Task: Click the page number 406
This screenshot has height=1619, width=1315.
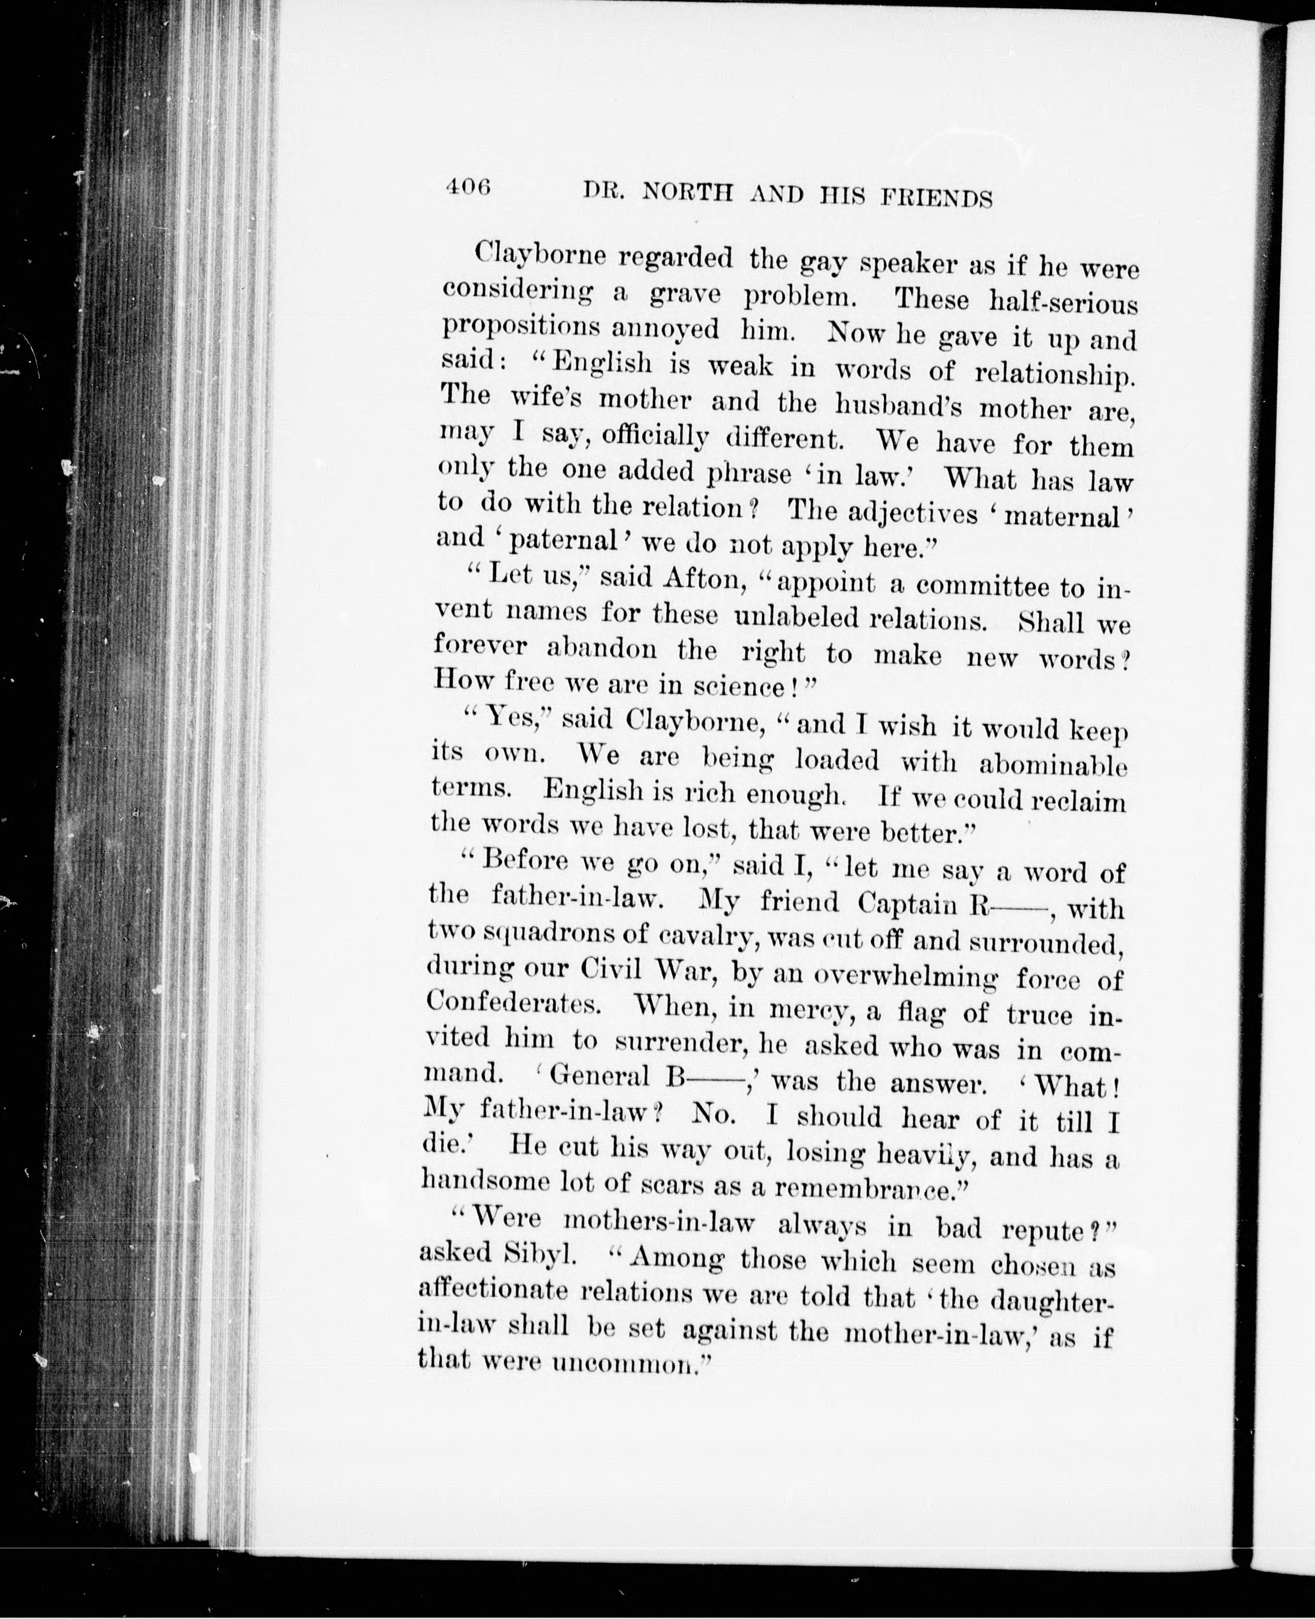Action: tap(469, 187)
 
